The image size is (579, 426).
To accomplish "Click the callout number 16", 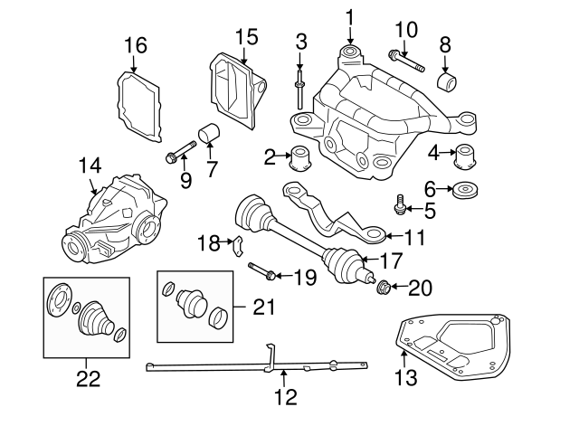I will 135,45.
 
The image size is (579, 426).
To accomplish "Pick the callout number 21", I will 264,308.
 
